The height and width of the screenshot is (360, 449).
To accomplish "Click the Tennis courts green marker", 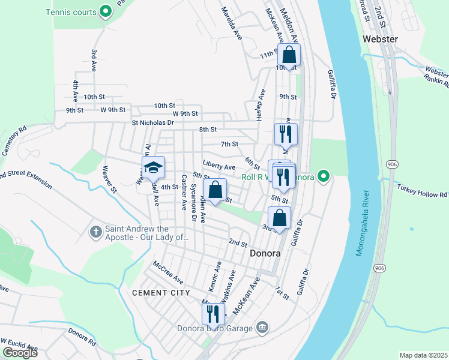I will pyautogui.click(x=106, y=10).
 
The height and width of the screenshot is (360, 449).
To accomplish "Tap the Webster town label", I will pyautogui.click(x=380, y=39).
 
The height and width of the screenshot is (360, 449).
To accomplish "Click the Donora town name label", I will pyautogui.click(x=265, y=253).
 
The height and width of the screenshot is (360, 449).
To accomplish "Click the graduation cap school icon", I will pyautogui.click(x=153, y=168).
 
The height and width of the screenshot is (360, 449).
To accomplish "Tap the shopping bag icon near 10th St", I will pyautogui.click(x=289, y=55).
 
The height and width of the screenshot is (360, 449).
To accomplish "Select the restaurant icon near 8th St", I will pyautogui.click(x=285, y=134).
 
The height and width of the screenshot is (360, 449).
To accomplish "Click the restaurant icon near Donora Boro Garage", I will pyautogui.click(x=213, y=313).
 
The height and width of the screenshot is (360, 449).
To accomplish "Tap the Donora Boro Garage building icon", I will pyautogui.click(x=262, y=327).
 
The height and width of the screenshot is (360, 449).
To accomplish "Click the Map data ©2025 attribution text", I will pyautogui.click(x=423, y=355).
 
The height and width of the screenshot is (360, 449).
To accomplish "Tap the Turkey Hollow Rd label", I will pyautogui.click(x=423, y=191).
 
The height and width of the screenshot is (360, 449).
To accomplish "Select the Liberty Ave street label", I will pyautogui.click(x=218, y=167).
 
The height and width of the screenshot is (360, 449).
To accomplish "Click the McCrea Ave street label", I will pyautogui.click(x=168, y=272).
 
